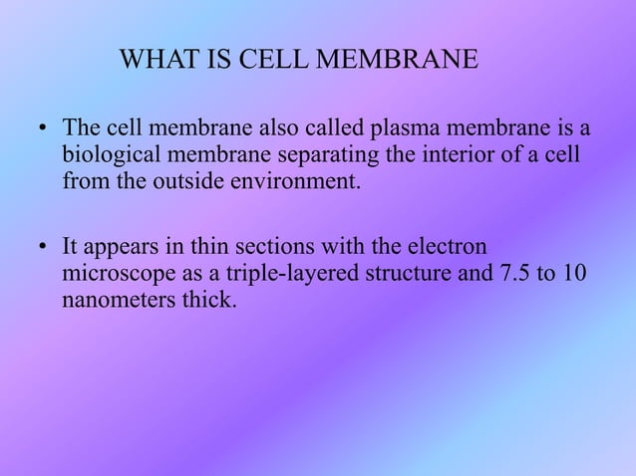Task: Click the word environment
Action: [x=289, y=183]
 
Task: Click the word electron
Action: [x=451, y=246]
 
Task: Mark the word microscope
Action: [x=112, y=273]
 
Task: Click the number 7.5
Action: [x=509, y=273]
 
